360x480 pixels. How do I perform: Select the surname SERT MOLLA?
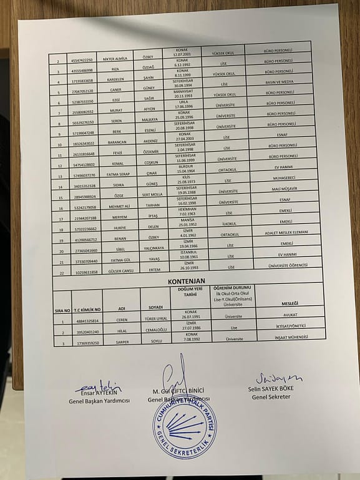(152, 194)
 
